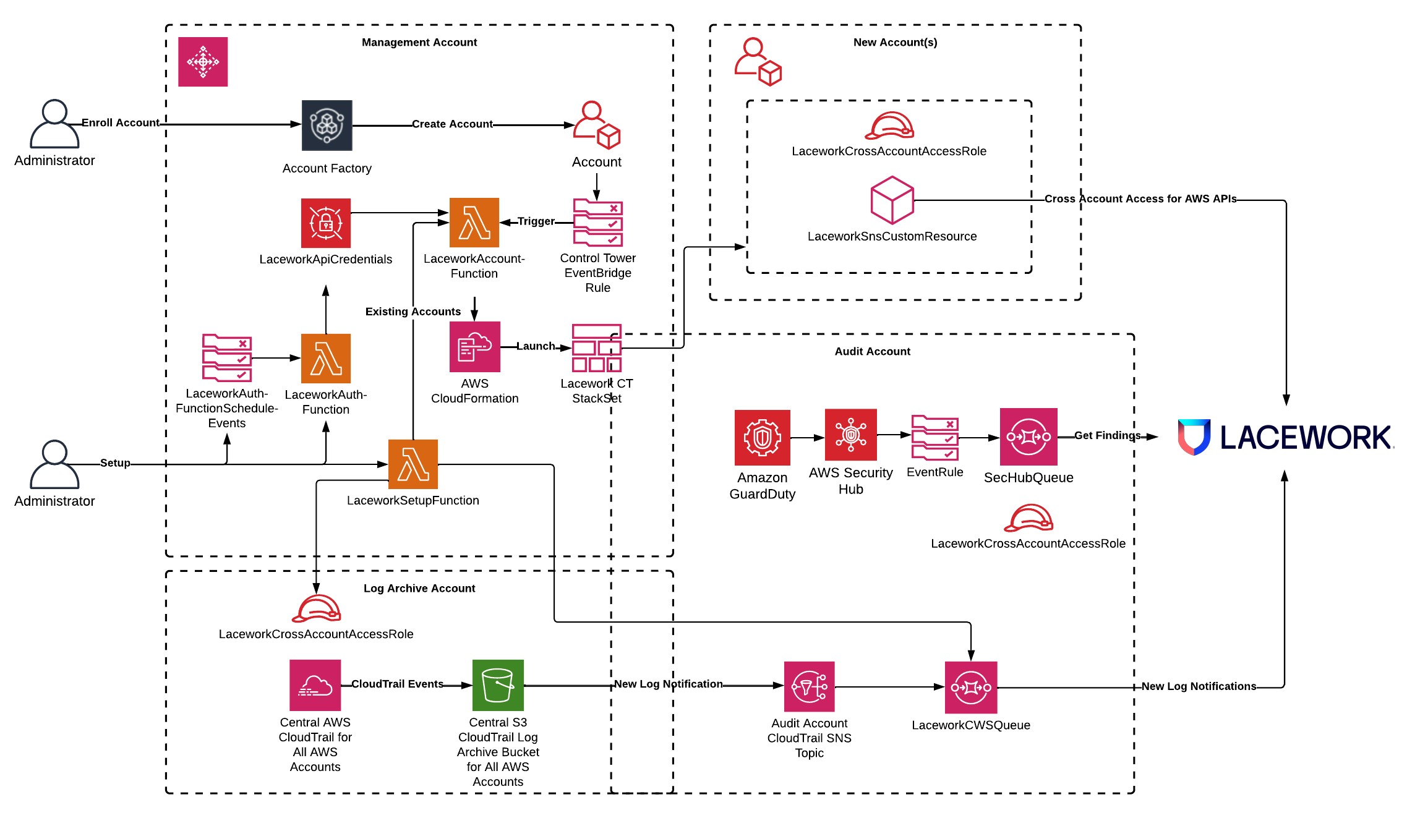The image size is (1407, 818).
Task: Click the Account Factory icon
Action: (327, 126)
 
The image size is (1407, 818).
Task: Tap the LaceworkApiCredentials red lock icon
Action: (326, 223)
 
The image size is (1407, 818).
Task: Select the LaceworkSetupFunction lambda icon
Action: (413, 464)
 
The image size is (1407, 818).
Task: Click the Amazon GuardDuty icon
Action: (762, 438)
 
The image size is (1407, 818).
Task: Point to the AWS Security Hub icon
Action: (850, 435)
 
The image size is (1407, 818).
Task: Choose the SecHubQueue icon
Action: (1029, 437)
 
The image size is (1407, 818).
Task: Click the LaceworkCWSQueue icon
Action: (970, 688)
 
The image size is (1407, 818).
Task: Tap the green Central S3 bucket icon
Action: (498, 685)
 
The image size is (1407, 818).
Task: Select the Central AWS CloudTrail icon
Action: (315, 685)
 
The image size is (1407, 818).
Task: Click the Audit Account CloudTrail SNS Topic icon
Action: (809, 687)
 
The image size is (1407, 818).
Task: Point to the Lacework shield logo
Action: (1194, 437)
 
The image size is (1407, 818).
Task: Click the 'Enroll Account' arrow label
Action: (121, 122)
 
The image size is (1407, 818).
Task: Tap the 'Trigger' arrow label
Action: (536, 221)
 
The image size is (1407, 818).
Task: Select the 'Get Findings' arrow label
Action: (1107, 435)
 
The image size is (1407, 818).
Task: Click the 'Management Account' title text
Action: (419, 42)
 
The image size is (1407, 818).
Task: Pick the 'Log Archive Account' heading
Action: (419, 588)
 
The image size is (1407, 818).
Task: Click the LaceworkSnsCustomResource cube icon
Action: (892, 200)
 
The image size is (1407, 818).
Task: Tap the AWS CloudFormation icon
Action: (474, 347)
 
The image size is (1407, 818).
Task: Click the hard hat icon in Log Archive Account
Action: (317, 608)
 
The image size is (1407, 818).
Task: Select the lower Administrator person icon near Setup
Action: (54, 464)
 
